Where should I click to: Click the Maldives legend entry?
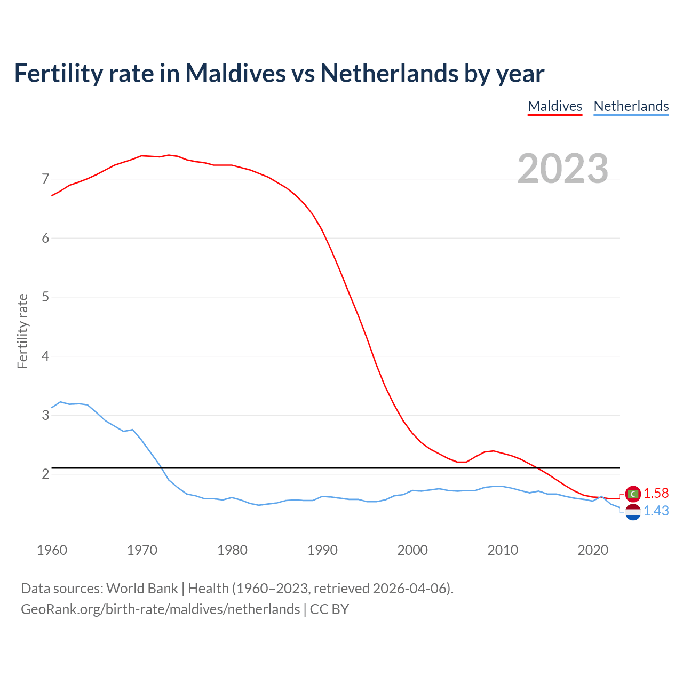(x=554, y=106)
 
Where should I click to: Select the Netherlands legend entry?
(x=631, y=106)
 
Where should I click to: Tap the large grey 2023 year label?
(x=563, y=169)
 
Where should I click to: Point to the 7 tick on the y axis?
(x=45, y=179)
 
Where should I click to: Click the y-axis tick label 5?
(x=45, y=297)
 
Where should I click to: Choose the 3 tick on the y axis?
(x=45, y=415)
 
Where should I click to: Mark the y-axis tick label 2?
(x=45, y=474)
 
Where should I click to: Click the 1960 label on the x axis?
(x=52, y=550)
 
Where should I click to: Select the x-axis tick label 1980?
(x=232, y=550)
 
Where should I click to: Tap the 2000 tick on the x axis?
(x=412, y=550)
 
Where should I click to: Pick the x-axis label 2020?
(x=593, y=550)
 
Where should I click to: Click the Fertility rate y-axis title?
(x=22, y=331)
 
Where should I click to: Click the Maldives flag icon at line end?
(x=633, y=494)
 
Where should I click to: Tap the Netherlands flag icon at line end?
(x=633, y=512)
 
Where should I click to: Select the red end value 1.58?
(x=656, y=494)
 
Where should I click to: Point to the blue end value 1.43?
(x=656, y=511)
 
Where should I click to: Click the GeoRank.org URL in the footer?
(x=160, y=609)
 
